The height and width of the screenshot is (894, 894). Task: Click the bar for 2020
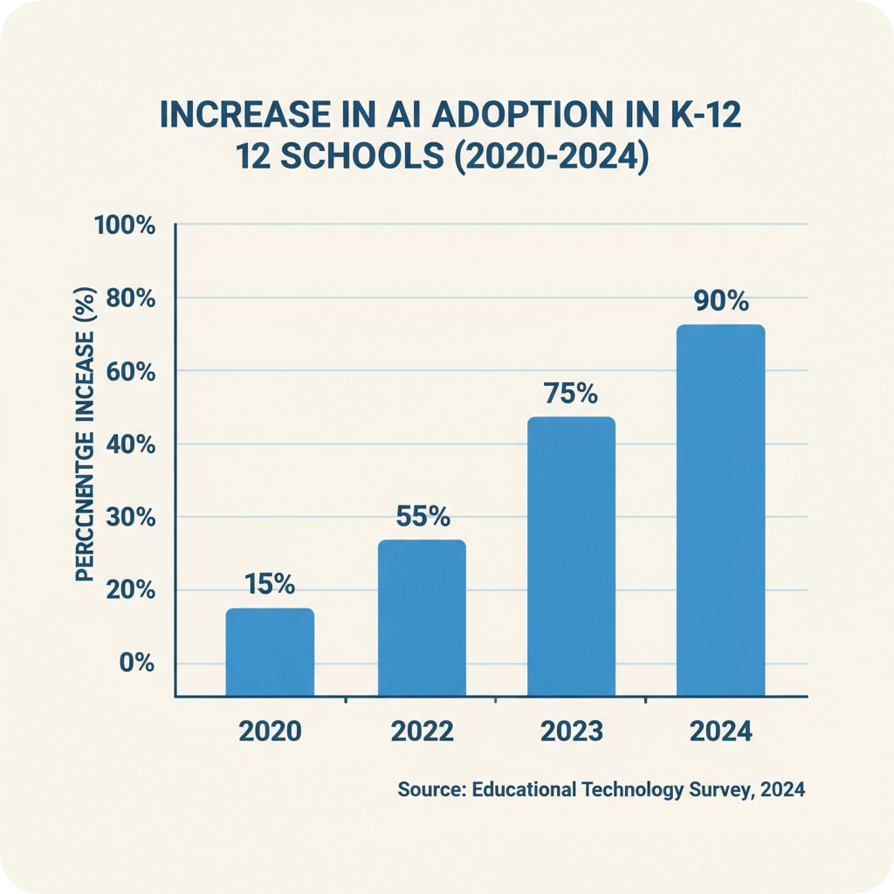point(270,652)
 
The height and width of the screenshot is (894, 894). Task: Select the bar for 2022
point(422,618)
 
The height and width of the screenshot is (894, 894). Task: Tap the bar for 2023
point(572,556)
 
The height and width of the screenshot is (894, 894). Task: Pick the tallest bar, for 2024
point(721,511)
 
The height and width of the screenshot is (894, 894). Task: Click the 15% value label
point(270,584)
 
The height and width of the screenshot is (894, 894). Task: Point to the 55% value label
point(423,516)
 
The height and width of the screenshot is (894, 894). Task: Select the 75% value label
point(571,394)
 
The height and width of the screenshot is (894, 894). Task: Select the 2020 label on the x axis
point(270,732)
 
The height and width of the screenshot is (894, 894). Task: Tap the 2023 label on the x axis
point(572,732)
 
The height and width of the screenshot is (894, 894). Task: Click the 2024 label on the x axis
point(721,732)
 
